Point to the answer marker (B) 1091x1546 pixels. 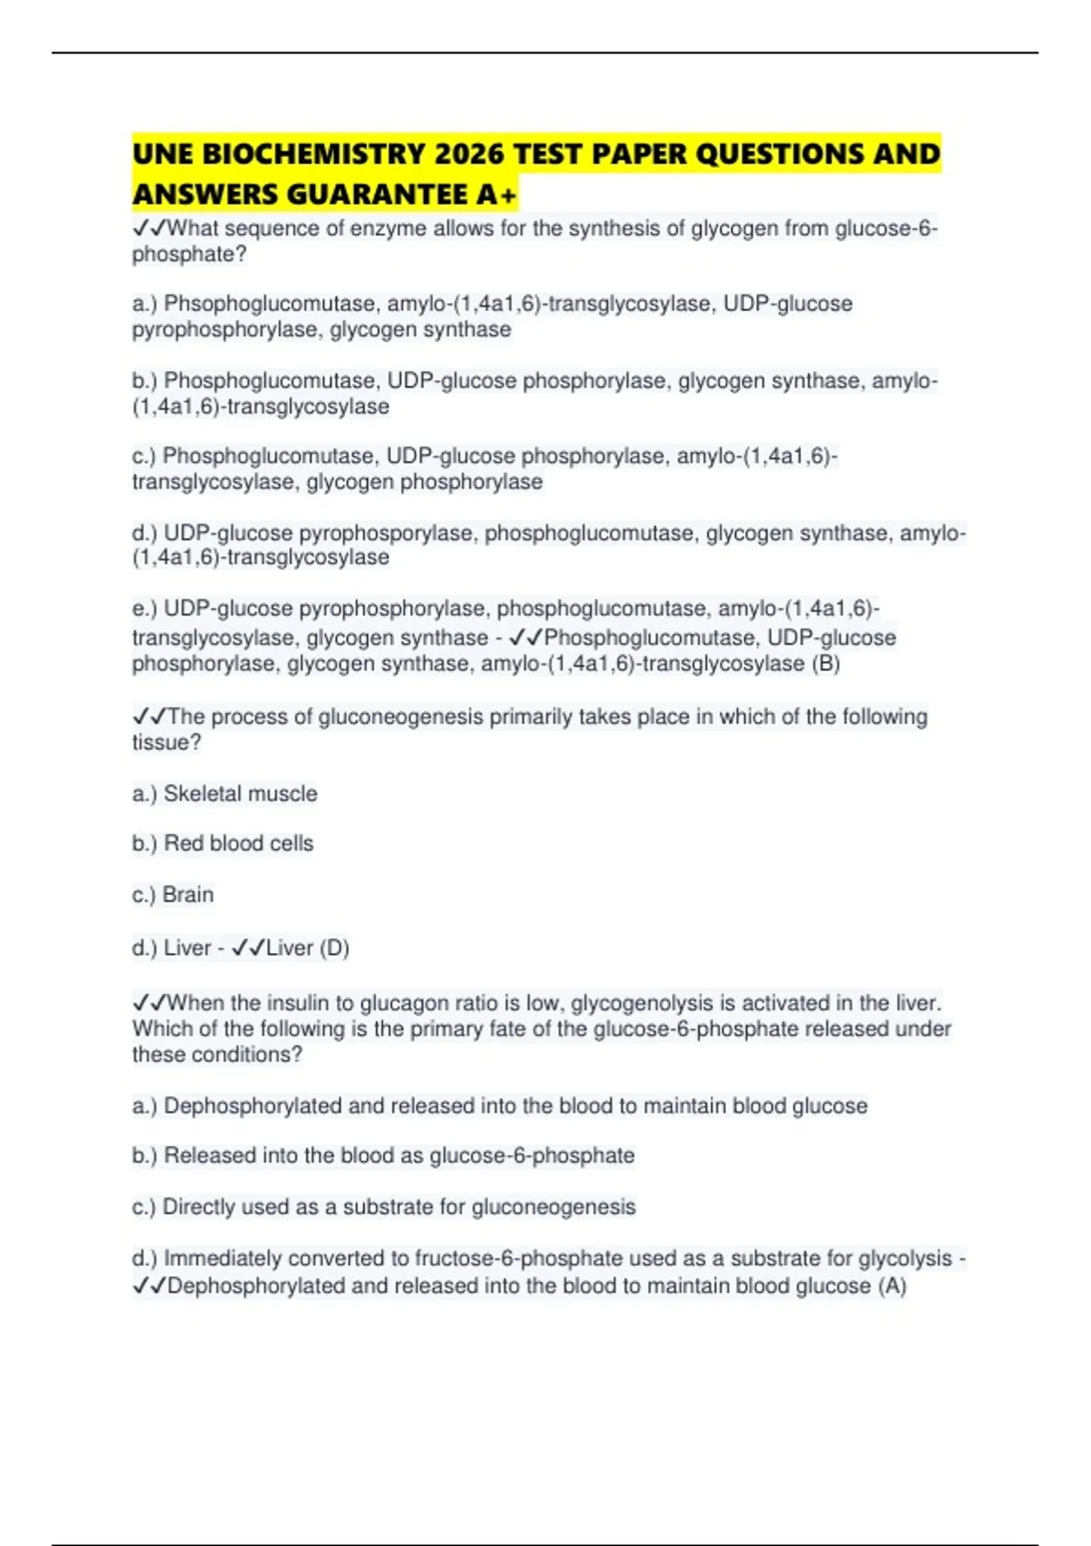pyautogui.click(x=826, y=664)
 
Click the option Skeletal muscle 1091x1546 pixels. pyautogui.click(x=240, y=794)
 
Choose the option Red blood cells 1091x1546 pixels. pyautogui.click(x=238, y=844)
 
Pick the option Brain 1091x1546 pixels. pyautogui.click(x=188, y=895)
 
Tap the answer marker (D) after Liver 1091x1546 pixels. pyautogui.click(x=335, y=948)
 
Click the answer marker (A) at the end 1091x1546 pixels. pyautogui.click(x=893, y=1286)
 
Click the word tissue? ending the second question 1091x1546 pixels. pyautogui.click(x=166, y=742)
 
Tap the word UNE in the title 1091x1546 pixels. pyautogui.click(x=163, y=154)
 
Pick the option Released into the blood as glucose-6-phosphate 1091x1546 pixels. pyautogui.click(x=398, y=1156)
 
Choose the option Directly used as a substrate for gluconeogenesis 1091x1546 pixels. pyautogui.click(x=398, y=1207)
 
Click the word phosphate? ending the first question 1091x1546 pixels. pyautogui.click(x=189, y=255)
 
